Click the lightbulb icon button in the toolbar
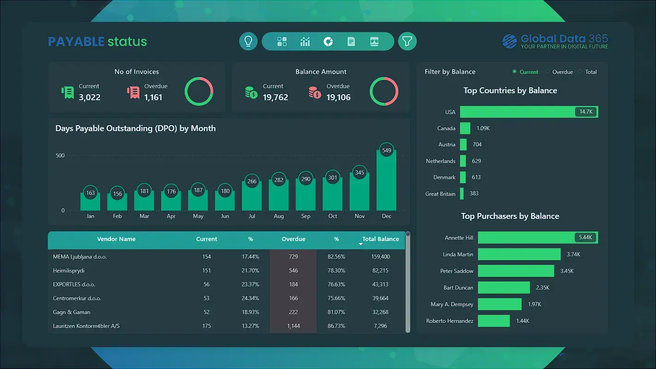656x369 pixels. tap(248, 42)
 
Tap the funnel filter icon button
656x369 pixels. tap(407, 42)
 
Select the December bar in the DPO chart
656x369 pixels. tap(386, 180)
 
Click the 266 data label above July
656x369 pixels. tap(252, 181)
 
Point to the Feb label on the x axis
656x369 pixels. tap(117, 216)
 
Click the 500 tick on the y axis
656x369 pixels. tap(60, 156)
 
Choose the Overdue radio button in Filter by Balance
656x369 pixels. tap(548, 72)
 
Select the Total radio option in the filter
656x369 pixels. tap(581, 72)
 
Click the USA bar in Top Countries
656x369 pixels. tap(529, 112)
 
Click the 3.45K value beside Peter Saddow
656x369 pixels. tap(567, 271)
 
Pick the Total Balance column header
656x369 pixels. tap(380, 239)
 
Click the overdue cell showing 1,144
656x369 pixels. tap(293, 326)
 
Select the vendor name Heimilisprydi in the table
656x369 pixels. tap(69, 271)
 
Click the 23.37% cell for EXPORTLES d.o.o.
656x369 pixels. tap(251, 284)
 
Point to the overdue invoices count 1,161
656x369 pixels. tap(153, 97)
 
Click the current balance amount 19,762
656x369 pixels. tap(275, 97)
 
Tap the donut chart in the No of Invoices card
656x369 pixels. tap(199, 91)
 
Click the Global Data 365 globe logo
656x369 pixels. tap(510, 42)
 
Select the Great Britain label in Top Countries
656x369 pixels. tap(440, 194)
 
